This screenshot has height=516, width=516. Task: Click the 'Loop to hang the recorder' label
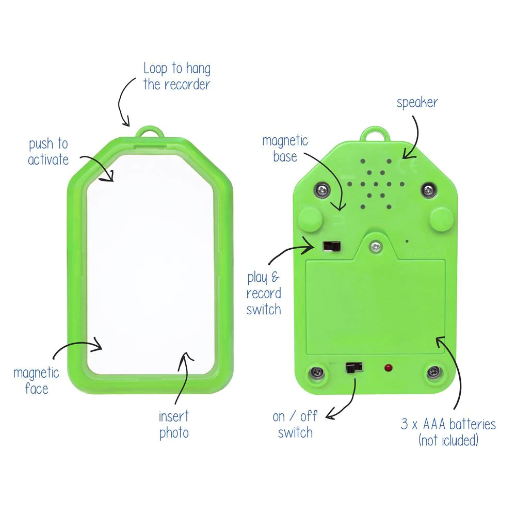click(176, 76)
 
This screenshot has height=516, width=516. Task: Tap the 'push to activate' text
click(48, 151)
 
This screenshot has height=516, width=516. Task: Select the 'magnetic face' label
click(36, 380)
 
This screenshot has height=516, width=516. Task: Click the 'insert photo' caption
click(174, 424)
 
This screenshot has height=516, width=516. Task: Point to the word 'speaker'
click(417, 102)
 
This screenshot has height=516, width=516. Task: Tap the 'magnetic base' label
click(285, 148)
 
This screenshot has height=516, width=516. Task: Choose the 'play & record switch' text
click(264, 294)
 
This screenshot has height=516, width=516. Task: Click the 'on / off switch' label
click(295, 424)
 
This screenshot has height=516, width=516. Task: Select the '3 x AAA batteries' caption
click(448, 432)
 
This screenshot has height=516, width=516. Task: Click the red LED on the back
click(388, 368)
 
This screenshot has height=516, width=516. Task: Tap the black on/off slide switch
click(353, 367)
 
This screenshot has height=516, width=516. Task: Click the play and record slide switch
click(331, 246)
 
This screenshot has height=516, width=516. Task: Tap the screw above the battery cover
click(376, 246)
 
